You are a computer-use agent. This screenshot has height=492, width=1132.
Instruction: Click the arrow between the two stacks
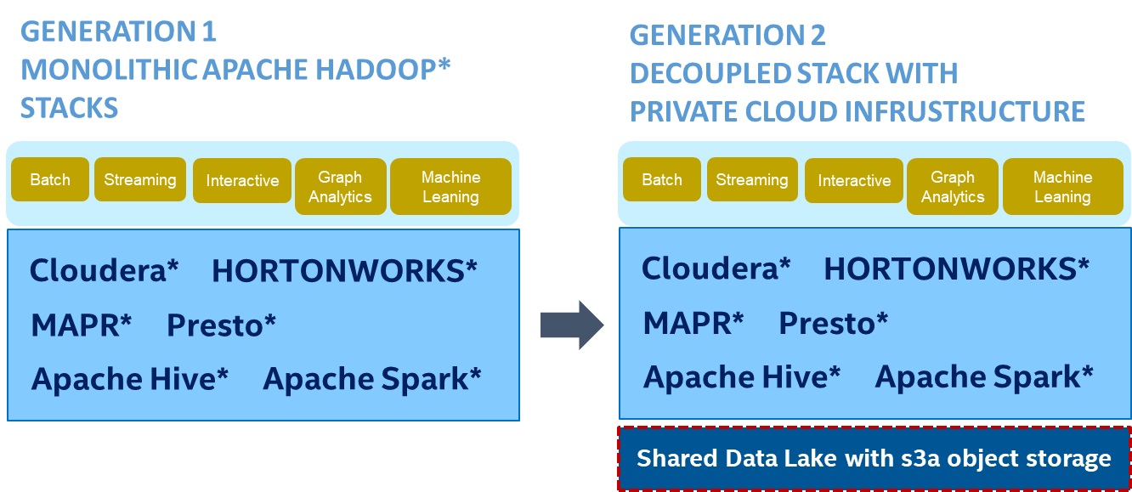click(572, 324)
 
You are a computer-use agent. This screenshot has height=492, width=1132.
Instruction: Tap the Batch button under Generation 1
click(50, 180)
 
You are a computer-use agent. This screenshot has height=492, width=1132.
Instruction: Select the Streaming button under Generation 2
click(752, 180)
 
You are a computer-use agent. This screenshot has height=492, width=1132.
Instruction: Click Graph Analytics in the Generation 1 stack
click(340, 187)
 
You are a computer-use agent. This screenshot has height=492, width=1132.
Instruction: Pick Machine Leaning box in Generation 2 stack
click(1062, 187)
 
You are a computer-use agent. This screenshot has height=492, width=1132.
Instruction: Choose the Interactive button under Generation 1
click(242, 181)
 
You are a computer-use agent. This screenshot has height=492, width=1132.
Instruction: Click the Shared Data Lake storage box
click(874, 459)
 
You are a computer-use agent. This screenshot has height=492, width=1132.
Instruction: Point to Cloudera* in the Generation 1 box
click(105, 271)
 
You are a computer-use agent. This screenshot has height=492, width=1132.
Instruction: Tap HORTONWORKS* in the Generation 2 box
click(956, 269)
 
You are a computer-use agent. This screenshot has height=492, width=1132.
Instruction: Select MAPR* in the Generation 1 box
click(82, 325)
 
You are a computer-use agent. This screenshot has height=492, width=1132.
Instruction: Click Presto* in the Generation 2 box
click(834, 323)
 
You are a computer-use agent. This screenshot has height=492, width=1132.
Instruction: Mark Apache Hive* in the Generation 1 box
click(130, 379)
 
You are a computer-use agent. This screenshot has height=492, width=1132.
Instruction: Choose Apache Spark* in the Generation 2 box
click(984, 376)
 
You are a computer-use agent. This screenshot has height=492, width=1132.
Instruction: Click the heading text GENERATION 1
click(118, 32)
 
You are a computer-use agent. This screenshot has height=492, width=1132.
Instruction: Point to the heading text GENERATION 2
click(727, 36)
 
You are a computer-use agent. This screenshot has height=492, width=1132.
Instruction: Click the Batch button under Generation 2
click(662, 180)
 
